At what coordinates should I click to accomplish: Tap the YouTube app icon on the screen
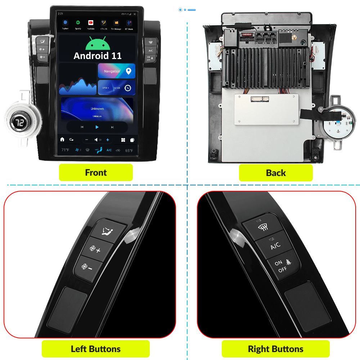pyautogui.click(x=91, y=23)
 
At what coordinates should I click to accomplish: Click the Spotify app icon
pyautogui.click(x=78, y=23)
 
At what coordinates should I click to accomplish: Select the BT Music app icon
pyautogui.click(x=129, y=23)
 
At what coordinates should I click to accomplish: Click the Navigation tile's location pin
pyautogui.click(x=129, y=71)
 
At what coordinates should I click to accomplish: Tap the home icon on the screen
pyautogui.click(x=62, y=140)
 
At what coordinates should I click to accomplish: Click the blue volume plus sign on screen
pyautogui.click(x=107, y=140)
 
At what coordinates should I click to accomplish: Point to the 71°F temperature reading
pyautogui.click(x=65, y=150)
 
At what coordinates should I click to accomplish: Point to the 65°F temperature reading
pyautogui.click(x=129, y=150)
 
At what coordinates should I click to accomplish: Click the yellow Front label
pyautogui.click(x=96, y=172)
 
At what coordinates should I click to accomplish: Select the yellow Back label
pyautogui.click(x=276, y=173)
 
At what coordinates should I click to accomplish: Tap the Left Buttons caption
pyautogui.click(x=96, y=349)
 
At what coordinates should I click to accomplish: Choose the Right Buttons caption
pyautogui.click(x=276, y=349)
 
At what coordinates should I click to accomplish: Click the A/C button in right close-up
pyautogui.click(x=275, y=246)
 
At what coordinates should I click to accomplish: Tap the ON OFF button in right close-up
pyautogui.click(x=284, y=267)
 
